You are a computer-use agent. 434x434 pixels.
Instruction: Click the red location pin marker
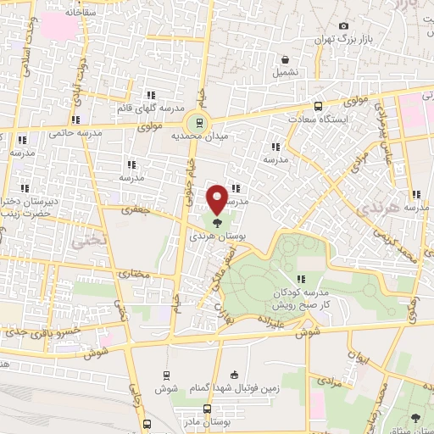(218, 199)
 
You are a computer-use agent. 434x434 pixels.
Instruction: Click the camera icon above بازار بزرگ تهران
(342, 26)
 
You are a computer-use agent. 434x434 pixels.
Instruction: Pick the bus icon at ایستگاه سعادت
(318, 107)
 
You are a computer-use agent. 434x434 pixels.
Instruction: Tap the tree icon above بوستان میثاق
(415, 417)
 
